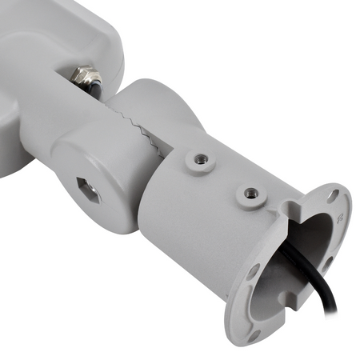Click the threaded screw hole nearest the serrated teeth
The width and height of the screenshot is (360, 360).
(201, 159)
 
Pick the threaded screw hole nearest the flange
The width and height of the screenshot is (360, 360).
(251, 193)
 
